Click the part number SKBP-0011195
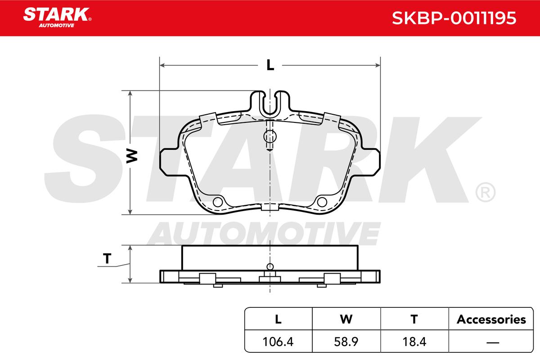tap(454, 18)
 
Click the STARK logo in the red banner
tap(57, 18)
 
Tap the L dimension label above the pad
tap(270, 65)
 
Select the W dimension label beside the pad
tap(132, 156)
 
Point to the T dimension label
tap(107, 258)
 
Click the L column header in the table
tap(278, 319)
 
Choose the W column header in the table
tap(346, 319)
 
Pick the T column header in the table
tap(414, 319)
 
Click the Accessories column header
tap(491, 319)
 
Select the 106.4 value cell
tap(278, 342)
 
